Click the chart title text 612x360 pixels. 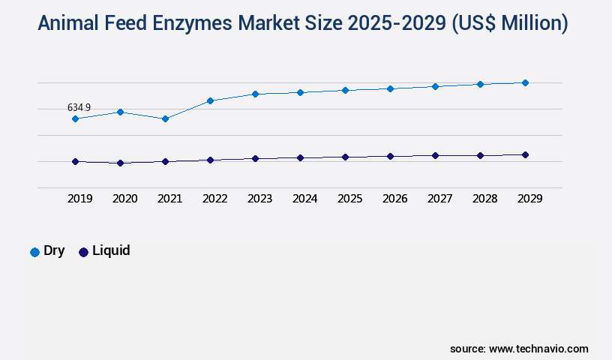point(303,23)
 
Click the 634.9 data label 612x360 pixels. point(79,108)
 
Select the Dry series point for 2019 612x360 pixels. point(75,118)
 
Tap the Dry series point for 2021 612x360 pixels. point(165,118)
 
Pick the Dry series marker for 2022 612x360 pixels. point(210,100)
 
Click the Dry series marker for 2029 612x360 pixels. point(525,82)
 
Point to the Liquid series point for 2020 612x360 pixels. point(120,163)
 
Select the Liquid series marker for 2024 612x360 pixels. point(300,158)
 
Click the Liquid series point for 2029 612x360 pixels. point(525,154)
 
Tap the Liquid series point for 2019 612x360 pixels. point(75,161)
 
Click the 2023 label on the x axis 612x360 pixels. point(259,199)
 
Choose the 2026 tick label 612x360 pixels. point(394,199)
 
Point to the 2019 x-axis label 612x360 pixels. point(79,199)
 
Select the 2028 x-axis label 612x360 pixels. point(484,199)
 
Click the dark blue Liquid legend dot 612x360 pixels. point(83,252)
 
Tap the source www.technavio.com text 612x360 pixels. point(519,349)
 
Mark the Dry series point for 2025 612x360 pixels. point(345,90)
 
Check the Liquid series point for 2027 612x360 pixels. point(435,155)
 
